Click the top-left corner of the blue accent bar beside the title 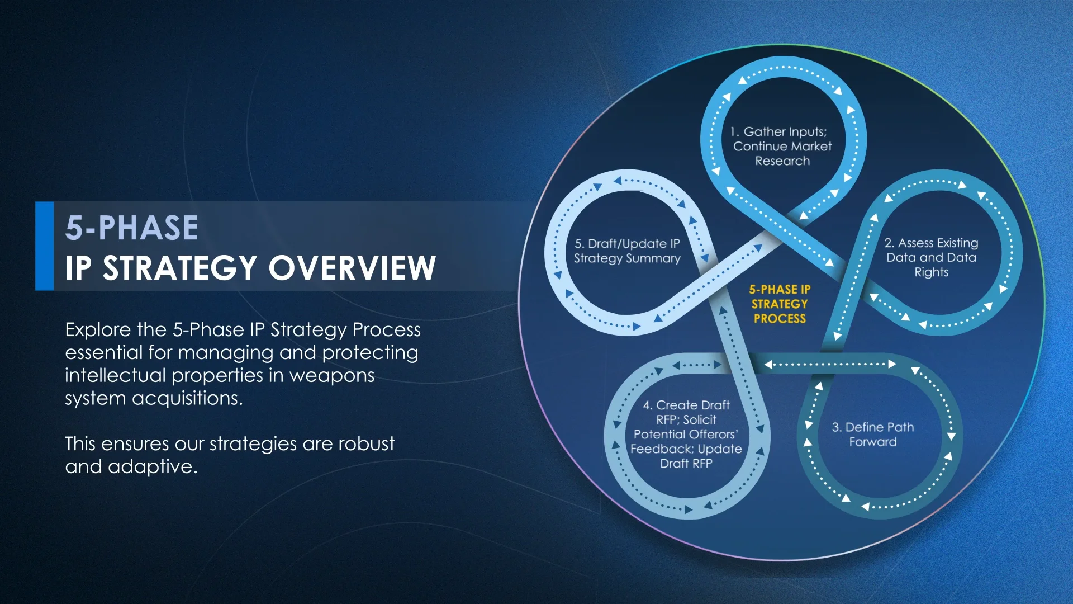point(35,202)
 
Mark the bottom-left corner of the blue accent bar point(35,290)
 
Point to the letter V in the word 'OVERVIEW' point(318,267)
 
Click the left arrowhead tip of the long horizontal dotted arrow point(765,365)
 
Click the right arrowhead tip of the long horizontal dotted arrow point(896,364)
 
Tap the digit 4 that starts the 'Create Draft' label point(647,405)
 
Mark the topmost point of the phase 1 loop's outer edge point(784,55)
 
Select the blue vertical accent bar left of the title point(44,246)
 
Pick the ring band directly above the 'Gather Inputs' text point(784,67)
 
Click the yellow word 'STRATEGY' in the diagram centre point(780,304)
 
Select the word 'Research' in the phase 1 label point(782,161)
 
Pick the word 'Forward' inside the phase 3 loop point(873,442)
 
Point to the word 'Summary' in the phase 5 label point(653,258)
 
